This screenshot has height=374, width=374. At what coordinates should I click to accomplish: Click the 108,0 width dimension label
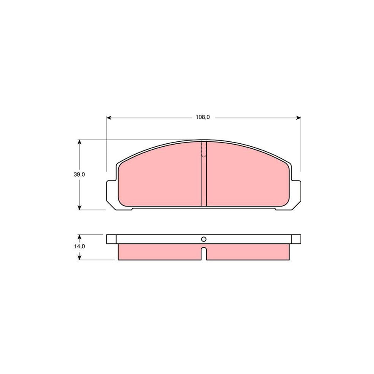[203, 118]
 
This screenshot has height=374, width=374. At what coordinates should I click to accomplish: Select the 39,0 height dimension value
[80, 175]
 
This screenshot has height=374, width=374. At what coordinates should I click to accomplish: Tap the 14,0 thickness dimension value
[80, 246]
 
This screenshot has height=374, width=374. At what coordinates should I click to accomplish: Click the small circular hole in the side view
[204, 239]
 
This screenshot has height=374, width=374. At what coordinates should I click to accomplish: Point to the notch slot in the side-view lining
[204, 253]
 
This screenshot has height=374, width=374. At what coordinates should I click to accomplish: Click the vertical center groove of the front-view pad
[204, 183]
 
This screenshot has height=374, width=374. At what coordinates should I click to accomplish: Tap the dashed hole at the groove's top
[204, 150]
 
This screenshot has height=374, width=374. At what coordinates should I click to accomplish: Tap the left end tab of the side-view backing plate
[111, 239]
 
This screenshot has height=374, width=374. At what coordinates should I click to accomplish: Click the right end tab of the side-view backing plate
[296, 239]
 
